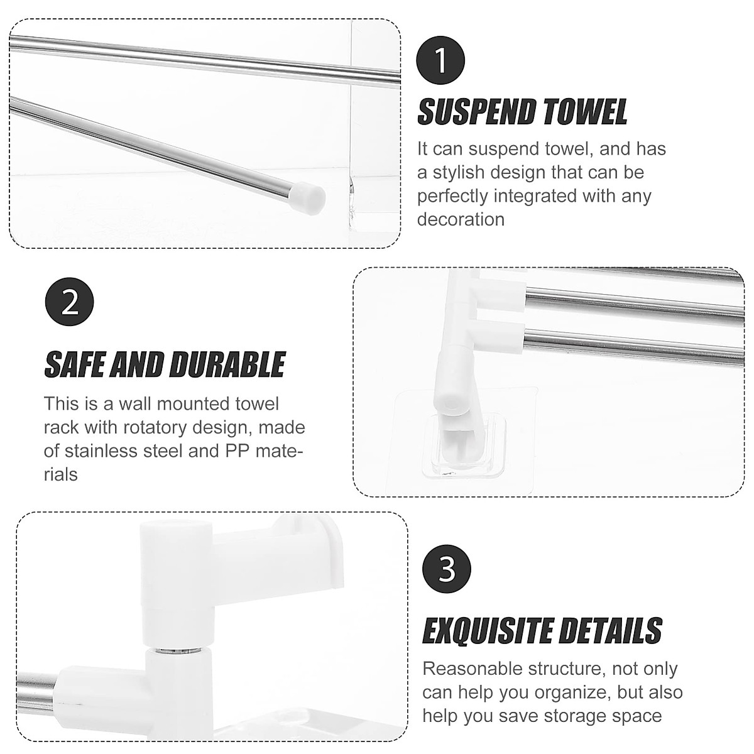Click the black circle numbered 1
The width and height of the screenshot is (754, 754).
(441, 62)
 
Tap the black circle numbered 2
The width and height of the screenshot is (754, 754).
(70, 303)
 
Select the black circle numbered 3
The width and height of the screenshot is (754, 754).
(447, 570)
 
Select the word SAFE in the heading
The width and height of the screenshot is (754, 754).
(74, 365)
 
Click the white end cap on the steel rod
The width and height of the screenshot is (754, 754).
(309, 195)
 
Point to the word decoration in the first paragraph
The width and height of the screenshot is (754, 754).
(461, 219)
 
